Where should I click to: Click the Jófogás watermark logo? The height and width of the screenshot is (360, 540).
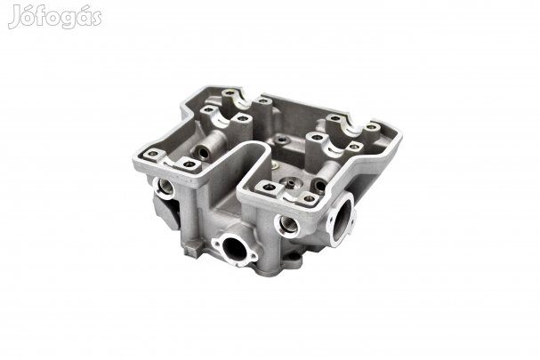click(x=55, y=17)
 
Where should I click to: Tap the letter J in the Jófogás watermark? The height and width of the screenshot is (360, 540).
click(x=14, y=17)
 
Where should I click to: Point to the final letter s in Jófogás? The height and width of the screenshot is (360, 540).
click(x=96, y=19)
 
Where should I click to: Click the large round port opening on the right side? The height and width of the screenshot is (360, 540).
click(x=342, y=220)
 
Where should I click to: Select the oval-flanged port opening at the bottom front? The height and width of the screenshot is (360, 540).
click(x=234, y=248)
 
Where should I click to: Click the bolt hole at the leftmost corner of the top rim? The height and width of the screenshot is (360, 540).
click(x=152, y=154)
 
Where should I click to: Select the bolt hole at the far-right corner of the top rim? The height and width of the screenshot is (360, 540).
click(x=371, y=127)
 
